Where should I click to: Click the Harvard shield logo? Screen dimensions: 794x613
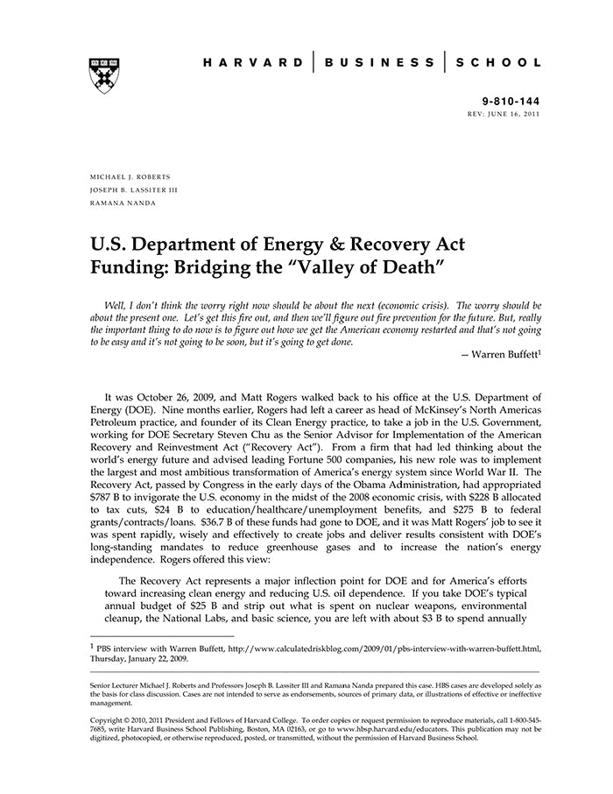(x=103, y=74)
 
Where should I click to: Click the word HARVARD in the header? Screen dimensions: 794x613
(x=253, y=63)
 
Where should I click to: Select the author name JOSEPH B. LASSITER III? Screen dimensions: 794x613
(x=132, y=189)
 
